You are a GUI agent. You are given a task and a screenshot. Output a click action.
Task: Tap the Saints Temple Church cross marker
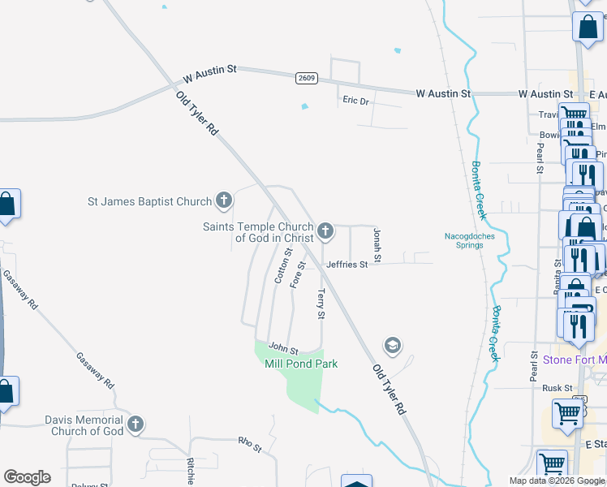pyautogui.click(x=325, y=232)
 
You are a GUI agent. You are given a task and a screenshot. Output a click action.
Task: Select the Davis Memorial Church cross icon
pyautogui.click(x=136, y=425)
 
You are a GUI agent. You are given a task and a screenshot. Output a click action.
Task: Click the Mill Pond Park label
pyautogui.click(x=301, y=364)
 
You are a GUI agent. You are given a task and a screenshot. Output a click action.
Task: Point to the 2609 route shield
pyautogui.click(x=306, y=78)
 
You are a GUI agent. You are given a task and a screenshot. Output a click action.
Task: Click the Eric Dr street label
pyautogui.click(x=355, y=101)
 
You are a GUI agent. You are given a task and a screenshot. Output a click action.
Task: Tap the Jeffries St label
pyautogui.click(x=347, y=264)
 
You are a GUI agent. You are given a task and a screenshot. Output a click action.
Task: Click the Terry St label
pyautogui.click(x=321, y=304)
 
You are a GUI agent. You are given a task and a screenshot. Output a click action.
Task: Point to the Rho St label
pyautogui.click(x=249, y=444)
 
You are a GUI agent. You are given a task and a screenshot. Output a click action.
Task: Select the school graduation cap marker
pyautogui.click(x=393, y=346)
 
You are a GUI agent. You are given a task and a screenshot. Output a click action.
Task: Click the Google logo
pyautogui.click(x=27, y=477)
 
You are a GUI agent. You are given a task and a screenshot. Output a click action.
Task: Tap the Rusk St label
pyautogui.click(x=557, y=388)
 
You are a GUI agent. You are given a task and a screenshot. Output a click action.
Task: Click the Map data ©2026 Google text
pyautogui.click(x=557, y=481)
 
